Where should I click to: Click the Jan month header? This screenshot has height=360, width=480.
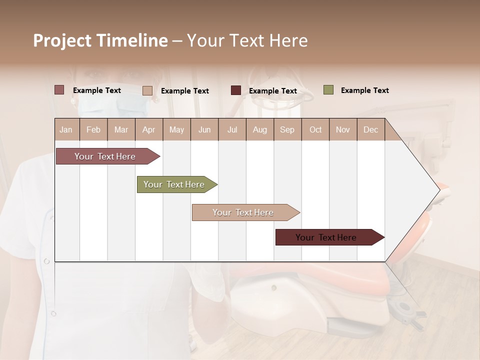66,129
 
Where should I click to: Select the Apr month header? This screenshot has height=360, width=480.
148,129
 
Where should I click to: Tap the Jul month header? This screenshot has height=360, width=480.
232,129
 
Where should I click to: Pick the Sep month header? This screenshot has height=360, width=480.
287,129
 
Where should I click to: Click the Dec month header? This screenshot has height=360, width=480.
370,129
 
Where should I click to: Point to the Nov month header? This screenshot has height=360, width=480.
342,129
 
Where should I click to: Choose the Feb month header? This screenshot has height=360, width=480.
93,129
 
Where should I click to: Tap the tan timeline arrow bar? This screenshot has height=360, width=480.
243,212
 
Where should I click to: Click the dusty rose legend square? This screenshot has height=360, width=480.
59,90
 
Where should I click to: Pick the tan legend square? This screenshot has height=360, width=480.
147,90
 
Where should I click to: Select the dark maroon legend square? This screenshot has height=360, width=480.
236,90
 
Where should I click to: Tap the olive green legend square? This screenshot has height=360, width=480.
328,90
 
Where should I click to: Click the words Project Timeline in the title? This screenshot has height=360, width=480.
100,40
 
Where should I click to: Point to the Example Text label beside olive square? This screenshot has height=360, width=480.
364,90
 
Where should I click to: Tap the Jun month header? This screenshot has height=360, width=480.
204,129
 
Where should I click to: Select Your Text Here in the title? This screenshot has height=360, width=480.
247,40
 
